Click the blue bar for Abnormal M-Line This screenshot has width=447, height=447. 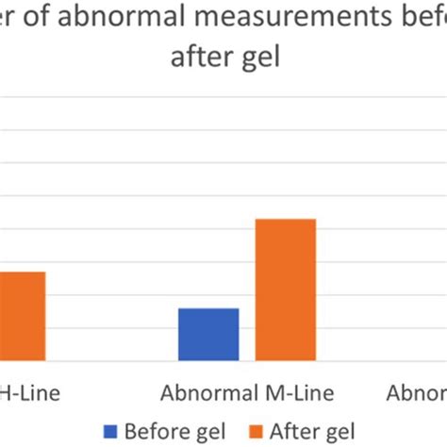[208, 334]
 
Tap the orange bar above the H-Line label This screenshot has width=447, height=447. [22, 316]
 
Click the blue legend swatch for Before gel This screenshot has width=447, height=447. [110, 432]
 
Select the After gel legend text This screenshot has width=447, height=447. [311, 432]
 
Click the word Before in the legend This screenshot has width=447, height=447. [156, 432]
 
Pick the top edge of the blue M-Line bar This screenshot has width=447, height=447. [208, 308]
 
